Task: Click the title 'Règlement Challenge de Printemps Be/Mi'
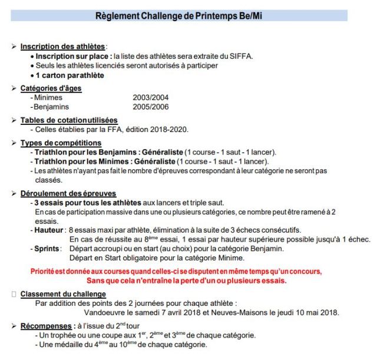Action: (178, 15)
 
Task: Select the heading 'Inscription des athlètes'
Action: (62, 47)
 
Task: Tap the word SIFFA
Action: (239, 56)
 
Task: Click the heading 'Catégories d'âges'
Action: (51, 88)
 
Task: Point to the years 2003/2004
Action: (151, 98)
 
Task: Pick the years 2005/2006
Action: (151, 107)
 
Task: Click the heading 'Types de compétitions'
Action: (61, 143)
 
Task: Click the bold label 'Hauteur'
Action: (49, 230)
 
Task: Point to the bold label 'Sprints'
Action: (47, 249)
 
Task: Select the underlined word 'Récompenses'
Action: (45, 325)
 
